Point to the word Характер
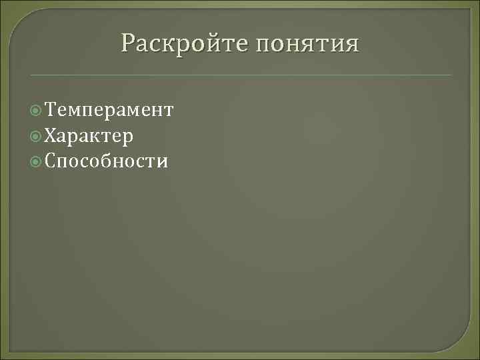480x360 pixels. pyautogui.click(x=89, y=136)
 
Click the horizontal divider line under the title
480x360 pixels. pyautogui.click(x=240, y=75)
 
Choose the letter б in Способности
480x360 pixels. pyautogui.click(x=105, y=161)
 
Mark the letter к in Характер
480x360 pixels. pyautogui.click(x=100, y=137)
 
